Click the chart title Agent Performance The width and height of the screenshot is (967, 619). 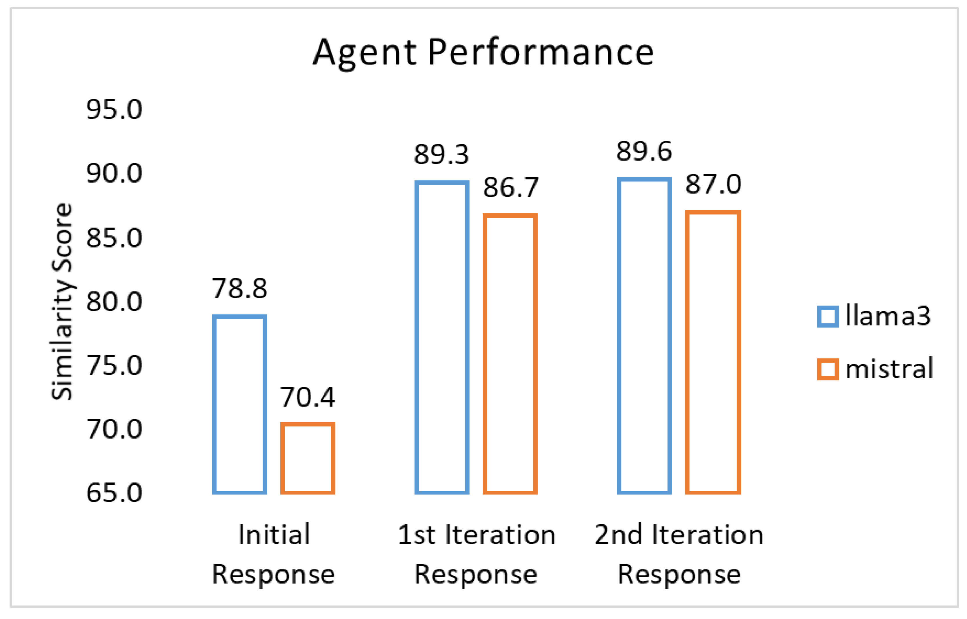point(483,53)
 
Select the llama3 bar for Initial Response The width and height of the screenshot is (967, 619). point(239,405)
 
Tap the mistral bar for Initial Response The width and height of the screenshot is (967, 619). point(308,458)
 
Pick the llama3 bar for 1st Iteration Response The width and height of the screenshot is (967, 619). point(442,338)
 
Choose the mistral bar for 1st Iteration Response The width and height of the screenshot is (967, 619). point(510,354)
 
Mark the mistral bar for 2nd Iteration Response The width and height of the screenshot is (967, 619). point(713,353)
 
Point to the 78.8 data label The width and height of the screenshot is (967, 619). point(239,289)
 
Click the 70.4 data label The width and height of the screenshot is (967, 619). point(308,397)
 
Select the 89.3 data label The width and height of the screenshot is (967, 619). point(441,154)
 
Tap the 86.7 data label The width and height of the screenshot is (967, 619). point(510,187)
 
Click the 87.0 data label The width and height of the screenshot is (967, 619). point(713,184)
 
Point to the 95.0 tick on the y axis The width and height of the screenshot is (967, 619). point(114,109)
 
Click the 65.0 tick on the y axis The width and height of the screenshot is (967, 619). point(114,493)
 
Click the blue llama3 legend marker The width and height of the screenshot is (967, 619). point(828,316)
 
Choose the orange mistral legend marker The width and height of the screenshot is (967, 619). point(828,369)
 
